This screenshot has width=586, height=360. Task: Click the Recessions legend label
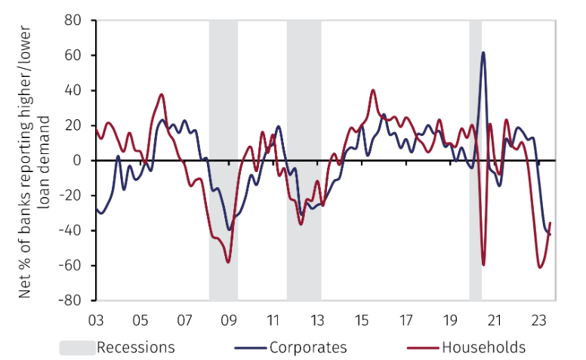click(135, 348)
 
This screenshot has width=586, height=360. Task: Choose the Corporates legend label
click(307, 348)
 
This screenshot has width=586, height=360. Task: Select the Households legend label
click(483, 348)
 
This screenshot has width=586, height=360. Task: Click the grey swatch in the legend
click(77, 348)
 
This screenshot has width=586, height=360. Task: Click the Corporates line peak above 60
click(483, 52)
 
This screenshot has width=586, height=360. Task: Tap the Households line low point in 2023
click(540, 267)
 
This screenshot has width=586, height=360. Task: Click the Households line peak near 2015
click(373, 90)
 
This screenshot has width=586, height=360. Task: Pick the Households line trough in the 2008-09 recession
click(228, 262)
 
